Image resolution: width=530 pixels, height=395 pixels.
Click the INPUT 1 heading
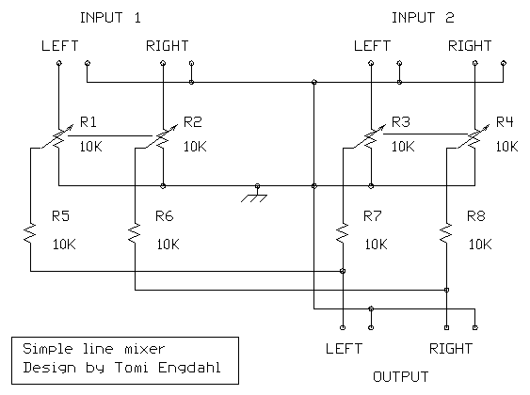point(110,18)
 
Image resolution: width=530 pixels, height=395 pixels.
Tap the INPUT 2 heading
point(423,18)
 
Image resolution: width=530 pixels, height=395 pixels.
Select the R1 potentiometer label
point(88,122)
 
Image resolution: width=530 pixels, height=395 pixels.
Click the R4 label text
point(505,122)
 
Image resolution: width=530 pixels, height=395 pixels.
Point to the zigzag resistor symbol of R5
point(30,233)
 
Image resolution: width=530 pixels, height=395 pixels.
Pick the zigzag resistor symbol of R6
point(135,233)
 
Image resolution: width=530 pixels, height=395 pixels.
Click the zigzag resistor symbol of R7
point(343,233)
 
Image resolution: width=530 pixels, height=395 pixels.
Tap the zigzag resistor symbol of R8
point(446,233)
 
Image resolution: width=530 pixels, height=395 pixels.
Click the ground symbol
point(255,195)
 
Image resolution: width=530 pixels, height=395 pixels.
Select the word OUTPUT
point(400,377)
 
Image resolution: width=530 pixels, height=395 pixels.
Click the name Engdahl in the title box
point(189,368)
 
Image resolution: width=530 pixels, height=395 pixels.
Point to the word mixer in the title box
point(145,349)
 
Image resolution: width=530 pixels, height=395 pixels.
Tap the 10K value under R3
point(403,147)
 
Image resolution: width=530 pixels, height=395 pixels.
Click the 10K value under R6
point(168,245)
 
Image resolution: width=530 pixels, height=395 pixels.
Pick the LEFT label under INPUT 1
point(60,46)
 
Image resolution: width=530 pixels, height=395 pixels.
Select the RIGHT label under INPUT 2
point(470,46)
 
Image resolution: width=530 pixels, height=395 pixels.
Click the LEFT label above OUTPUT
point(344,349)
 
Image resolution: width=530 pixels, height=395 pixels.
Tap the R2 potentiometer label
point(193,122)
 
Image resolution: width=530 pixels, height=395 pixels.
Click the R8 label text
point(476,215)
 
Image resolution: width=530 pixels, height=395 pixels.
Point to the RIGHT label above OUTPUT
point(451,349)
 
